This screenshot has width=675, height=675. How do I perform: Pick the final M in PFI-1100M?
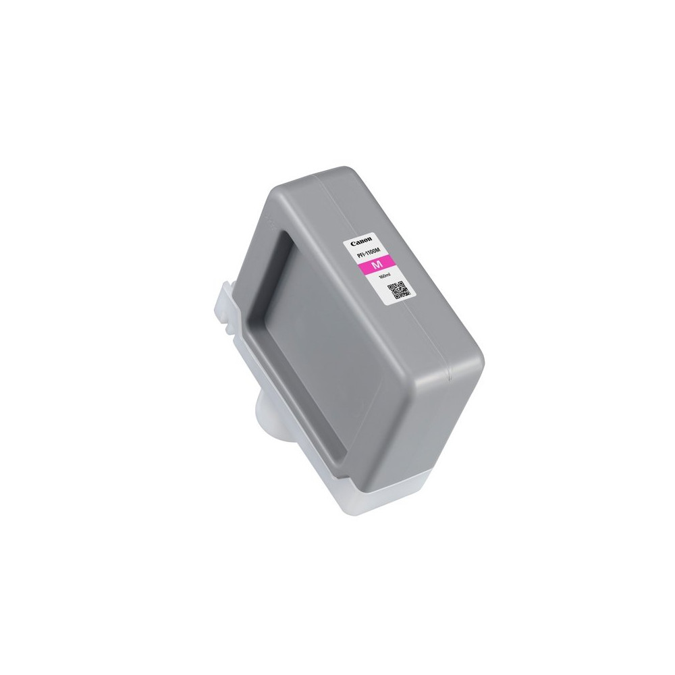point(379,250)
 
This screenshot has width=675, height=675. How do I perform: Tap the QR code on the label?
point(400,291)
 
